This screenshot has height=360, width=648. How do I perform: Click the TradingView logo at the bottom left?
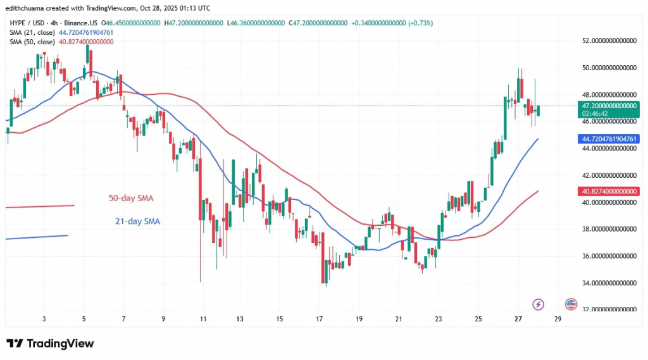pyautogui.click(x=50, y=344)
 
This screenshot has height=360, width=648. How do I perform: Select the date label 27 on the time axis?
pyautogui.click(x=518, y=319)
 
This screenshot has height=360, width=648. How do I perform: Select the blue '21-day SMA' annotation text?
pyautogui.click(x=137, y=221)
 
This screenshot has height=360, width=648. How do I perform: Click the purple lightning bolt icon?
pyautogui.click(x=539, y=304)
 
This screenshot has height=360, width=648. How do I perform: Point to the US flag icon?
pyautogui.click(x=570, y=304)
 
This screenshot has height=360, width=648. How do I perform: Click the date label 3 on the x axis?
pyautogui.click(x=44, y=319)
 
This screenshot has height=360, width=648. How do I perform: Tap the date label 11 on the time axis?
pyautogui.click(x=202, y=319)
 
